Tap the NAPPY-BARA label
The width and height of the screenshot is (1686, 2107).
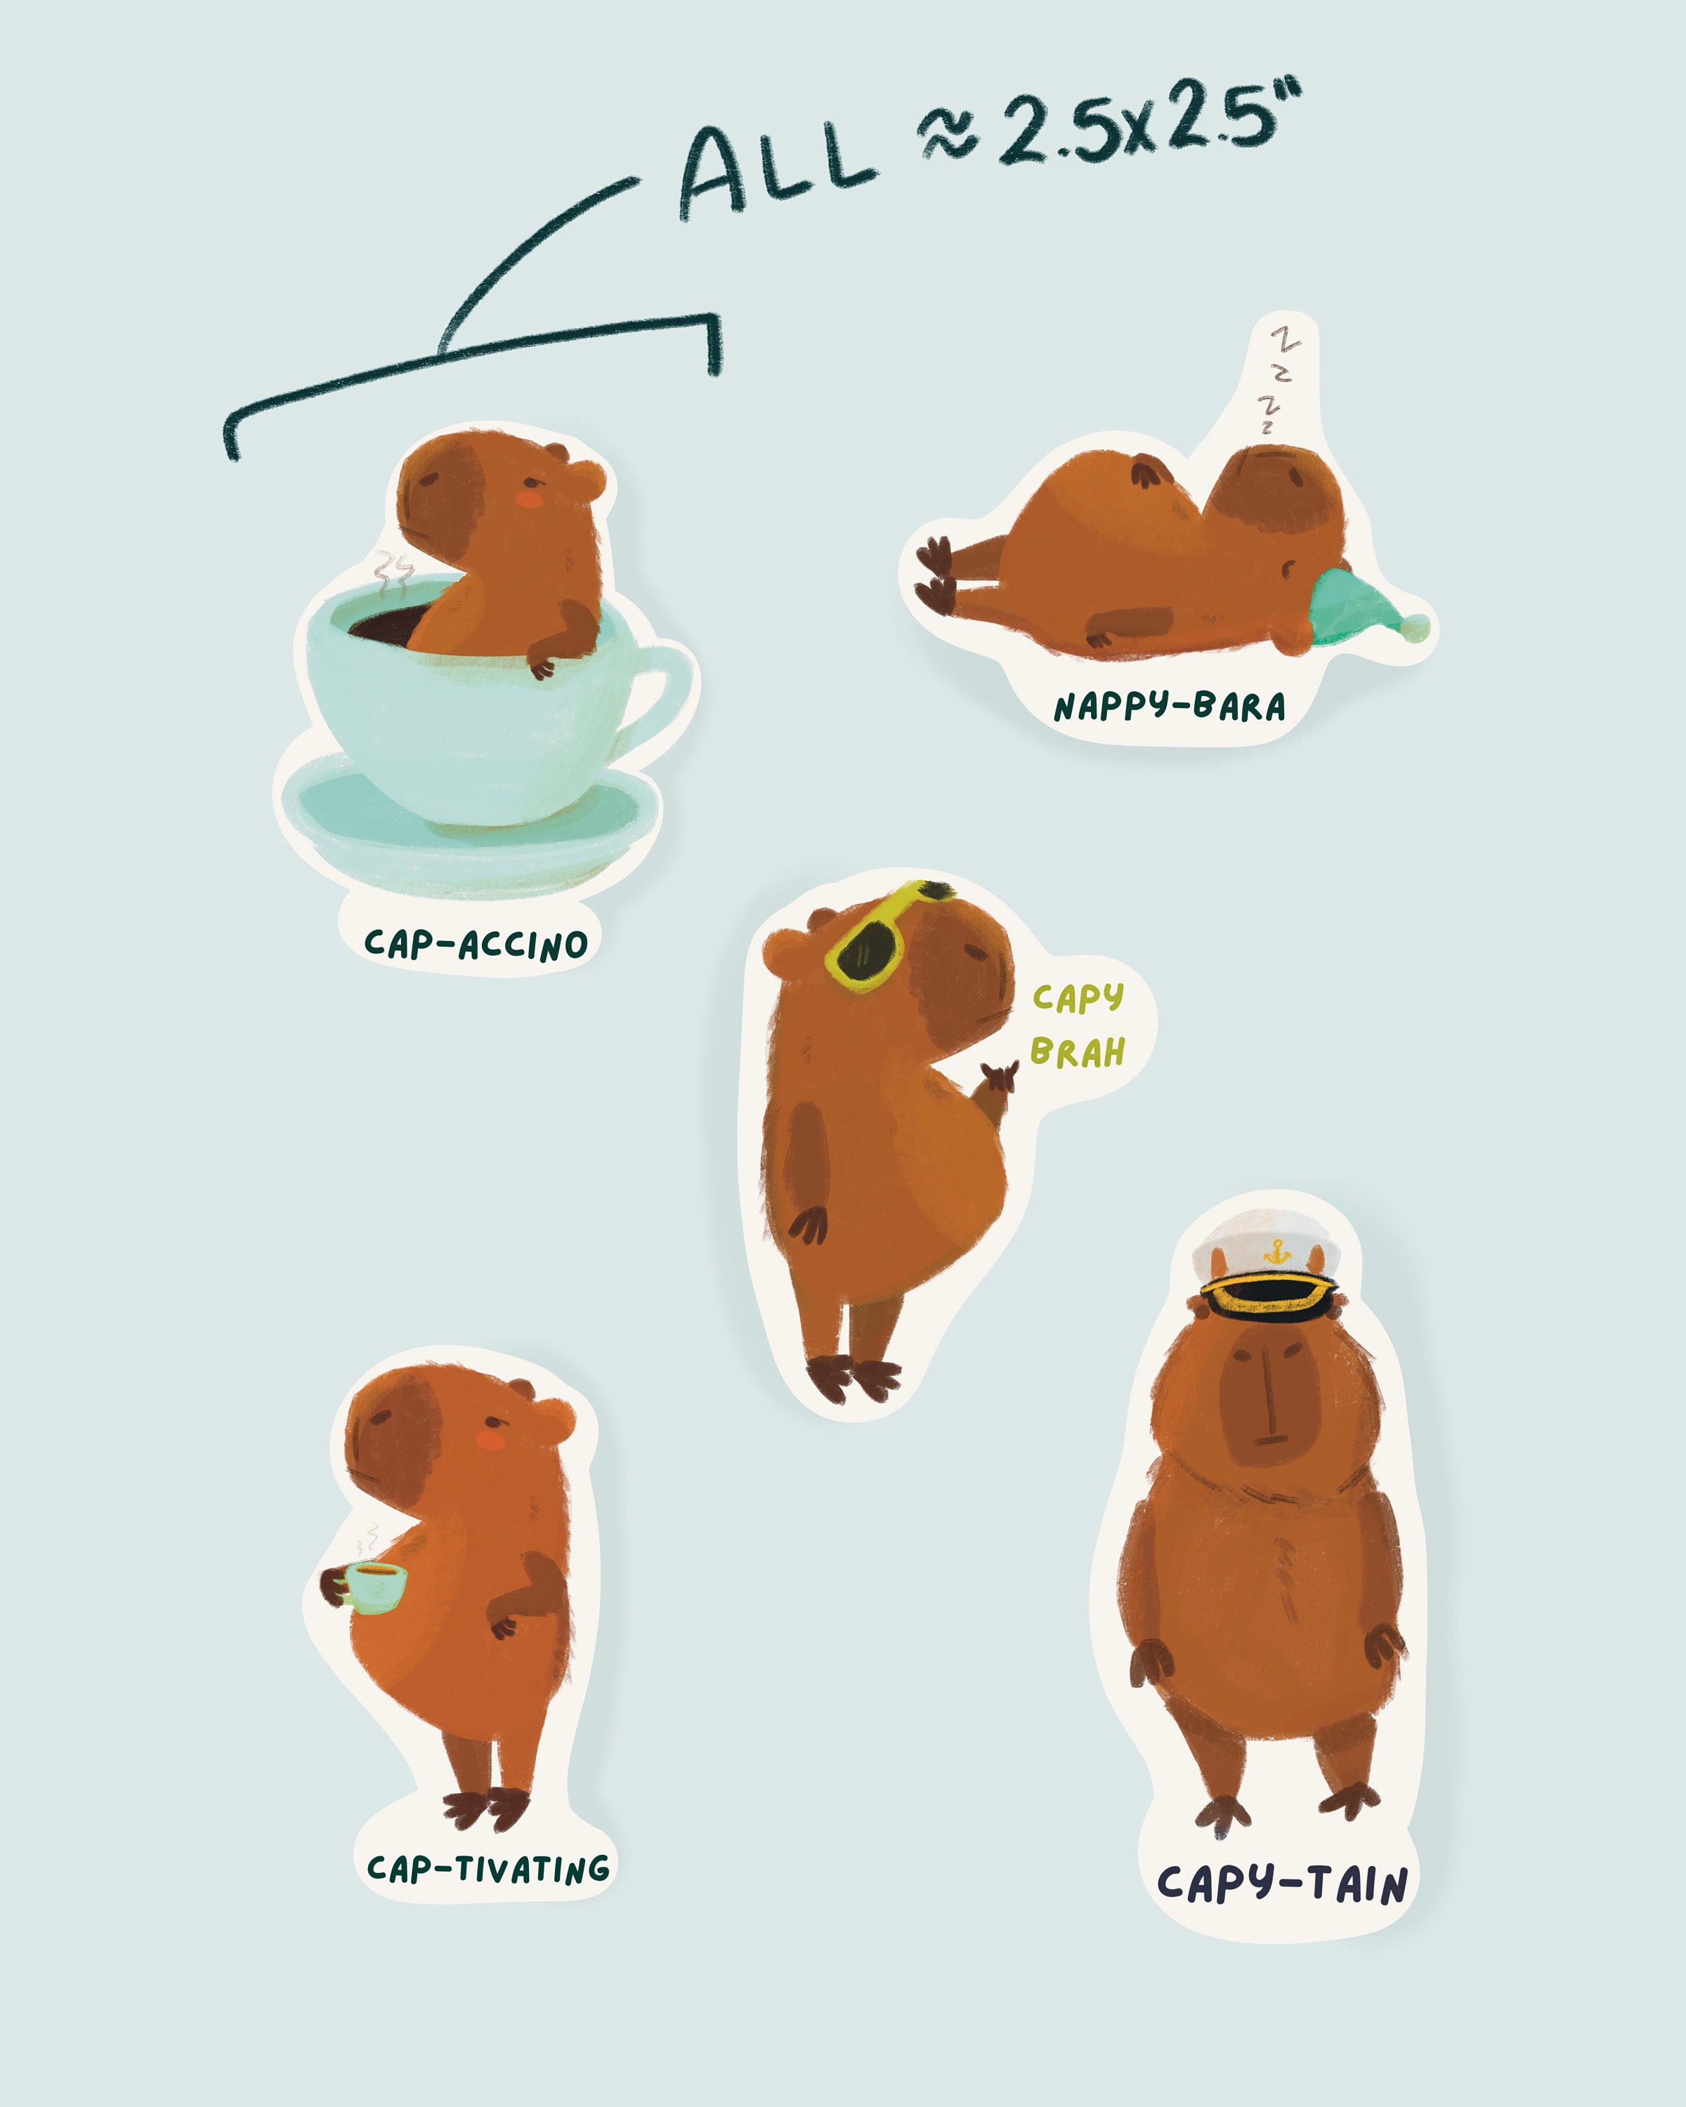[1169, 707]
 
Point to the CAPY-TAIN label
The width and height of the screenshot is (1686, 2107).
[1281, 1882]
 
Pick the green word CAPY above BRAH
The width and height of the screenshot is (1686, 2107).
[1078, 998]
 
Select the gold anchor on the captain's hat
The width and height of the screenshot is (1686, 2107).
[1274, 1251]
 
